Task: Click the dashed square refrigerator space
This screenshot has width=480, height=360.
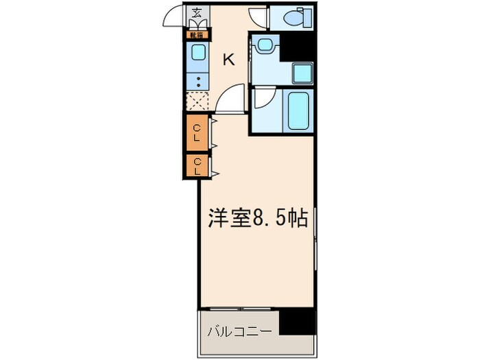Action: [x=197, y=101]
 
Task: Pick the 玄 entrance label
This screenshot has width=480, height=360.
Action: [x=197, y=12]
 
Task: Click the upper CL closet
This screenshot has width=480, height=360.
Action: [x=197, y=132]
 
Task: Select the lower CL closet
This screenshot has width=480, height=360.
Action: [x=197, y=165]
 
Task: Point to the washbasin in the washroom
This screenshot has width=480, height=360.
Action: [x=265, y=45]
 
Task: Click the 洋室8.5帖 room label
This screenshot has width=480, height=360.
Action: [x=257, y=218]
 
